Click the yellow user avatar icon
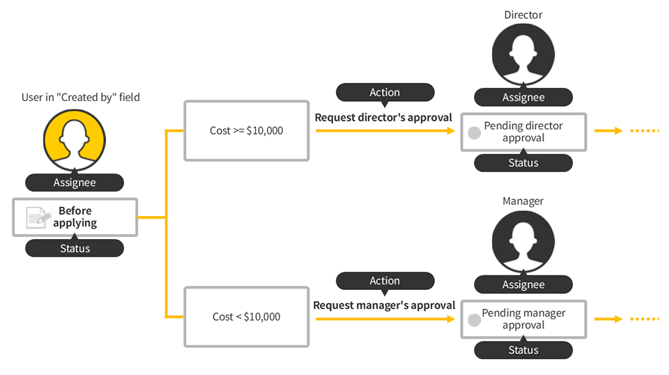tap(75, 138)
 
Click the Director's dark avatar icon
tap(523, 55)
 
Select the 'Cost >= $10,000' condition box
tap(247, 130)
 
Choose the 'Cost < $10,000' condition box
tap(247, 316)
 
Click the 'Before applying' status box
tap(75, 217)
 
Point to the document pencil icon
tap(38, 217)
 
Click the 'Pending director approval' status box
tap(523, 132)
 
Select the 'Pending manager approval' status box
tap(523, 319)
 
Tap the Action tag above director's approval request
tap(385, 92)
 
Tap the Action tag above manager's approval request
tap(385, 281)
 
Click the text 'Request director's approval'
tap(383, 117)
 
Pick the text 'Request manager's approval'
tap(384, 305)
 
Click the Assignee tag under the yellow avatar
tap(75, 183)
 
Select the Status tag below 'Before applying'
tap(75, 248)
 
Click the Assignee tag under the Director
tap(523, 98)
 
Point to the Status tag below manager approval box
tap(523, 350)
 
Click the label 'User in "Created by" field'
tap(81, 97)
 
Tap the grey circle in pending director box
tap(475, 132)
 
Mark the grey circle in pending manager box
tap(475, 320)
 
